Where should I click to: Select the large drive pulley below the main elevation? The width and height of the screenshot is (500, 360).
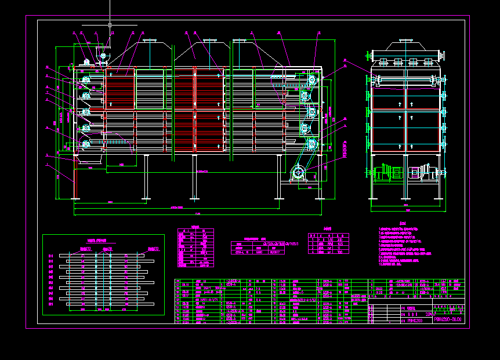298,172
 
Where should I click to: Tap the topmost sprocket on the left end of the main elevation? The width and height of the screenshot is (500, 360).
86,79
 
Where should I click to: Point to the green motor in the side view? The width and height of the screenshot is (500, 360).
385,172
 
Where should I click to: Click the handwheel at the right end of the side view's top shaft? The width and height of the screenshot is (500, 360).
443,56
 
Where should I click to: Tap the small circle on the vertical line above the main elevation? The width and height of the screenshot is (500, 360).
110,25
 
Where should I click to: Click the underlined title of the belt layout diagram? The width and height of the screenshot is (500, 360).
98,240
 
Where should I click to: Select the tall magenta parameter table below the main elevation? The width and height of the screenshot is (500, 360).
195,248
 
